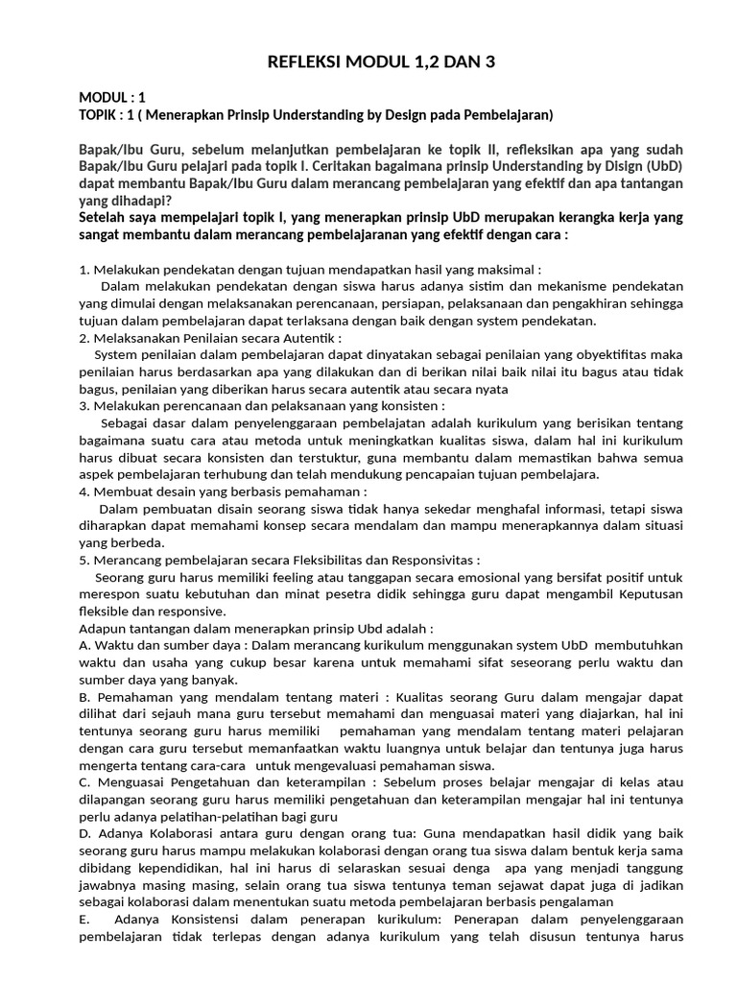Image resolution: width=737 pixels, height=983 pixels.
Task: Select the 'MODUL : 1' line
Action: pyautogui.click(x=112, y=98)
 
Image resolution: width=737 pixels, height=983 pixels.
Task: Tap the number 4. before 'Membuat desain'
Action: pyautogui.click(x=84, y=491)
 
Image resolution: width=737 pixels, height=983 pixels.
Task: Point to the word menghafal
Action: pyautogui.click(x=497, y=509)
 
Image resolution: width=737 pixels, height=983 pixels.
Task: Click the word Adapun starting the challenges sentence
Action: pyautogui.click(x=105, y=628)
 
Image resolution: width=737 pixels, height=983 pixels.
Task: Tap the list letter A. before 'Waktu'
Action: pyautogui.click(x=84, y=645)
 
